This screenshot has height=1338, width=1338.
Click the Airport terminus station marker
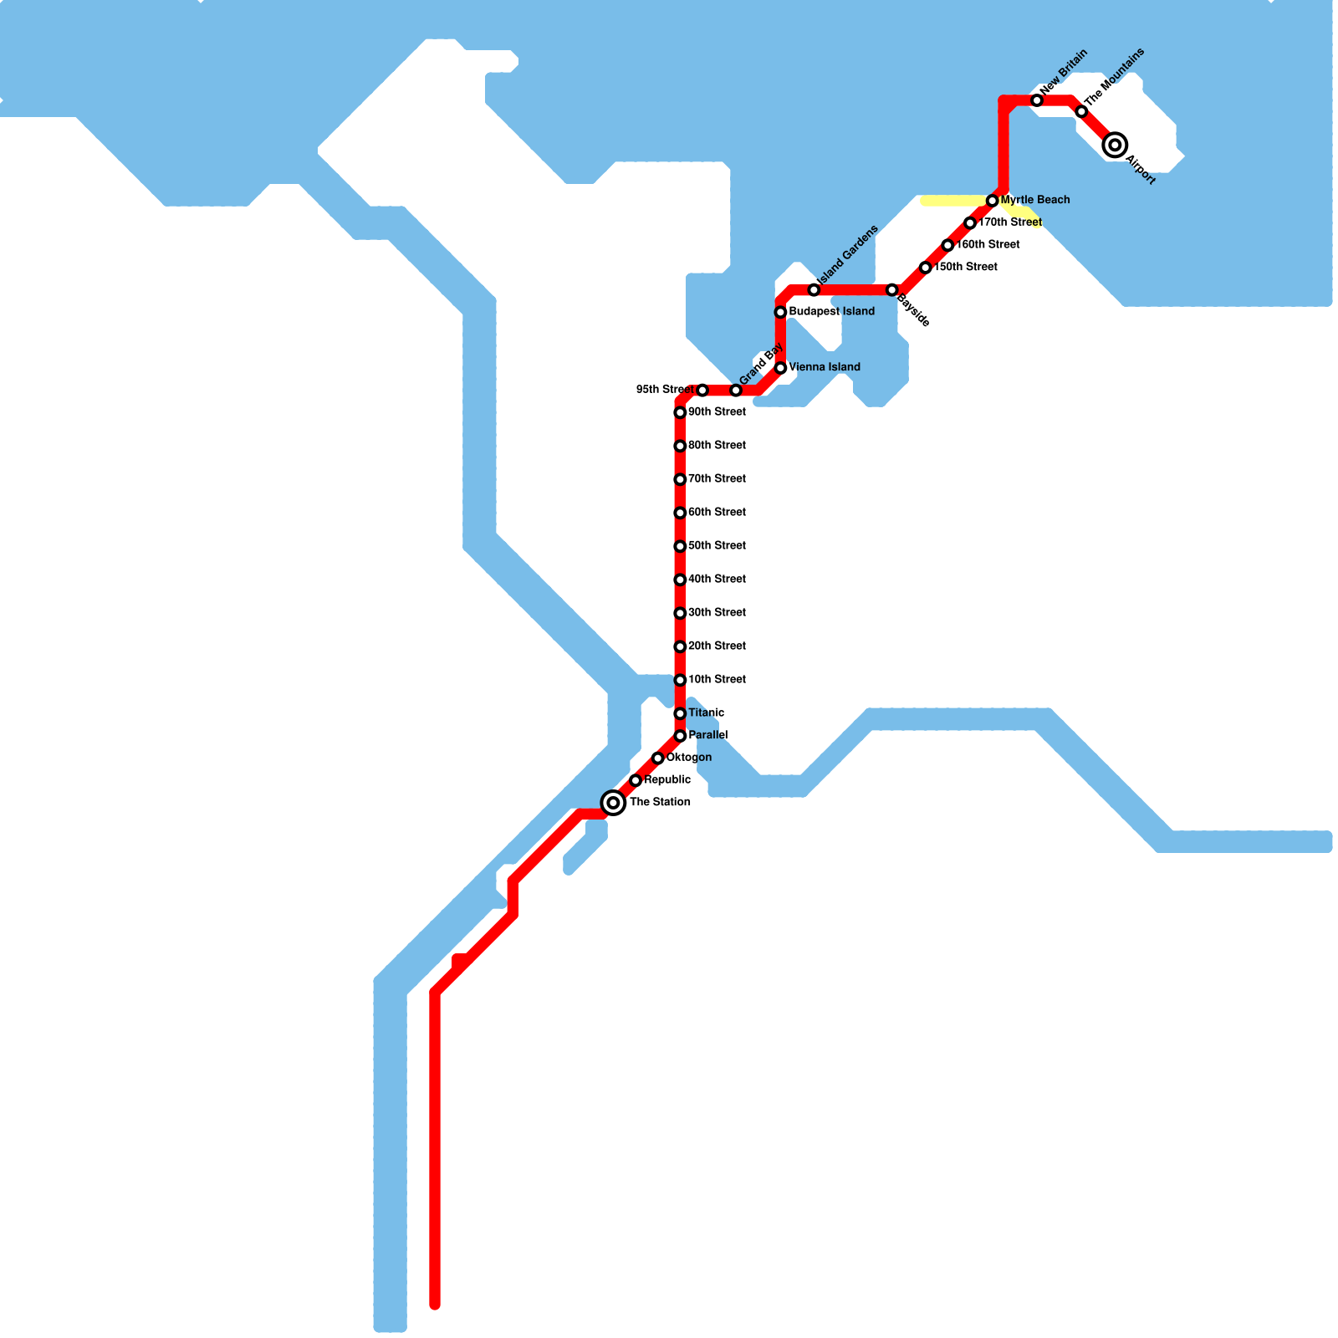click(x=1114, y=145)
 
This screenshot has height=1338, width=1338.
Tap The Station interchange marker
click(x=614, y=803)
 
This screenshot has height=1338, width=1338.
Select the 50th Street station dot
click(x=680, y=546)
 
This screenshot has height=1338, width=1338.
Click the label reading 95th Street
click(x=664, y=390)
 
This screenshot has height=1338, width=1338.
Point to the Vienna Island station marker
click(x=780, y=368)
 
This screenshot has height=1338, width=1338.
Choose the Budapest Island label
click(x=831, y=312)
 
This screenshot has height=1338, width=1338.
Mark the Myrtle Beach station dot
click(x=992, y=201)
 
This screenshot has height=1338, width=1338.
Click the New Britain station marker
click(x=1037, y=100)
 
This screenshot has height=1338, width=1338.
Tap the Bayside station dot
click(x=892, y=289)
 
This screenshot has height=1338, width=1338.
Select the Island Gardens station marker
click(x=814, y=289)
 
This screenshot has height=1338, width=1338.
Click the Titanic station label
click(x=706, y=713)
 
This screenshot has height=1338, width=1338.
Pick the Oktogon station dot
click(x=658, y=758)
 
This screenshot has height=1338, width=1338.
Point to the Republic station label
click(x=667, y=780)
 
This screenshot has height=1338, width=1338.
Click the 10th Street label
click(x=717, y=680)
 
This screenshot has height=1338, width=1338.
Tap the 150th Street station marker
click(x=925, y=268)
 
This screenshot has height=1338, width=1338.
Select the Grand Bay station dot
click(x=736, y=391)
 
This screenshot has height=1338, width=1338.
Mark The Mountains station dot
click(x=1081, y=111)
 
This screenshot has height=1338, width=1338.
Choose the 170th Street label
click(x=1009, y=222)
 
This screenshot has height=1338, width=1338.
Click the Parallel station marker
click(x=680, y=736)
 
